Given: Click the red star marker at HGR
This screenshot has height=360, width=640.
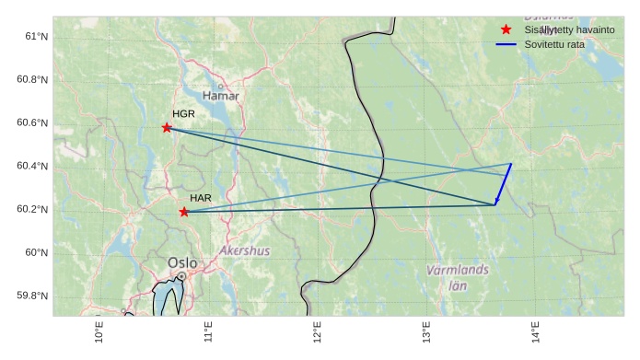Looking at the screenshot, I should pyautogui.click(x=167, y=128).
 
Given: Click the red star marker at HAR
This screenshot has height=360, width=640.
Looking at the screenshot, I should pyautogui.click(x=184, y=212).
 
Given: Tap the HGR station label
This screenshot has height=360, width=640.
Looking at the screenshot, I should pyautogui.click(x=183, y=113).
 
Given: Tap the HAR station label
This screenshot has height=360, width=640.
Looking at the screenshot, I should pyautogui.click(x=201, y=198).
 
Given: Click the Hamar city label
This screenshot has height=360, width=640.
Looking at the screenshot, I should pyautogui.click(x=220, y=96).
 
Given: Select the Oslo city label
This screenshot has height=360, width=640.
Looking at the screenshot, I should pyautogui.click(x=182, y=263).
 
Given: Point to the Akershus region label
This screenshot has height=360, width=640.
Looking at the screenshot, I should pyautogui.click(x=245, y=250).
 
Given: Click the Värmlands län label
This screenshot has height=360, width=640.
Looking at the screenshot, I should pyautogui.click(x=458, y=277).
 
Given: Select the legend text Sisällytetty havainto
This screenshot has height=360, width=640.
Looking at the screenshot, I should pyautogui.click(x=569, y=30).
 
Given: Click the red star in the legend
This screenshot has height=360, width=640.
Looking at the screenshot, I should pyautogui.click(x=506, y=30).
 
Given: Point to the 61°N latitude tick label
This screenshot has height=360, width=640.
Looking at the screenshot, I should pyautogui.click(x=36, y=36).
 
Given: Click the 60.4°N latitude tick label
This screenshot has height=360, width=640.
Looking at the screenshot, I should pyautogui.click(x=32, y=166).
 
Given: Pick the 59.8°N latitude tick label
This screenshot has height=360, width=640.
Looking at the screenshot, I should pyautogui.click(x=32, y=296).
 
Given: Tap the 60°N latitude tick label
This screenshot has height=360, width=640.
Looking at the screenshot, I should pyautogui.click(x=36, y=252).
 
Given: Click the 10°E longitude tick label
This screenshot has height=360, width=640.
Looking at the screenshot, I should pyautogui.click(x=99, y=332).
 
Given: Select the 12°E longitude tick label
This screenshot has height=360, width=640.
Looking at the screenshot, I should pyautogui.click(x=317, y=332).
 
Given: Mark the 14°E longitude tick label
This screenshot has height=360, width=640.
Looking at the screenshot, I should pyautogui.click(x=535, y=332).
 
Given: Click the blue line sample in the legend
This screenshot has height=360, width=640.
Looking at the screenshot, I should pyautogui.click(x=506, y=44).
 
